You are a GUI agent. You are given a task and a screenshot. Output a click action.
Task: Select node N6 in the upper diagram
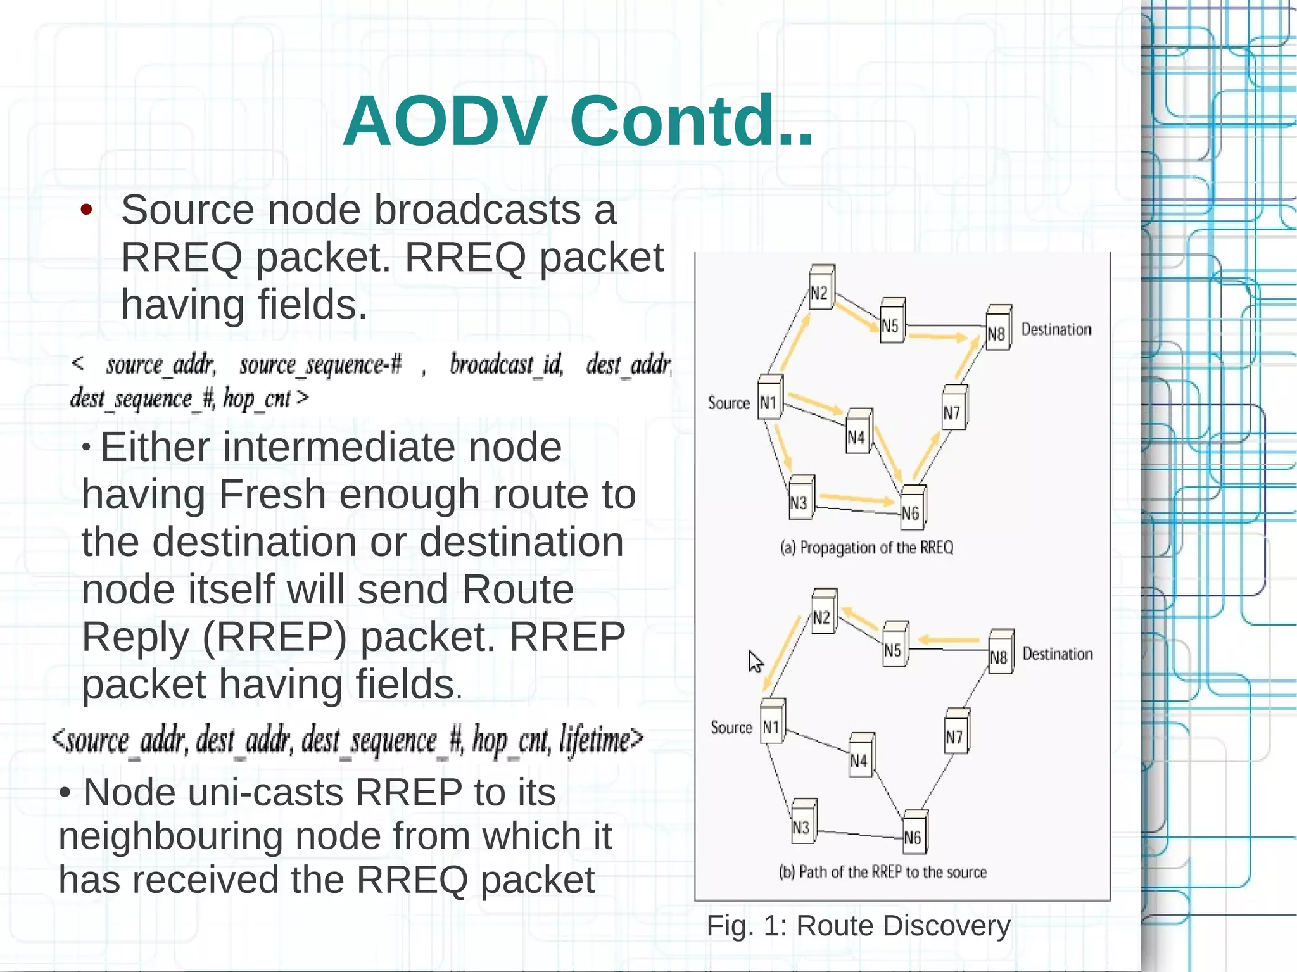(x=912, y=508)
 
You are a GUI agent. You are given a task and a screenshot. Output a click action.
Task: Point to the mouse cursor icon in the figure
(x=755, y=662)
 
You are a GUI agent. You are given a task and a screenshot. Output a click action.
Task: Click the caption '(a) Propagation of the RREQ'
(x=866, y=547)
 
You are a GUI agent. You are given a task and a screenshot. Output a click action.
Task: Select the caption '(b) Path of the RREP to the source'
(x=883, y=872)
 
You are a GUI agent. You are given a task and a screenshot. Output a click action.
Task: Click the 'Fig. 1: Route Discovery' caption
(x=858, y=926)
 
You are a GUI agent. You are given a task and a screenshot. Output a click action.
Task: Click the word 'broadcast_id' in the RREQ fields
(x=506, y=365)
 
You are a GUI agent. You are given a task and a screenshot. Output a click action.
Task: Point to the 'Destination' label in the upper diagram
(x=1056, y=329)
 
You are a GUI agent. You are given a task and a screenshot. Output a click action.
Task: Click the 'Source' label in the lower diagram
(x=731, y=728)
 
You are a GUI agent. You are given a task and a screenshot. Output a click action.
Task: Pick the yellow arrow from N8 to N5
(x=947, y=640)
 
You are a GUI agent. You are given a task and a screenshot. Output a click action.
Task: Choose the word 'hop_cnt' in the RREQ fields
(x=256, y=399)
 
